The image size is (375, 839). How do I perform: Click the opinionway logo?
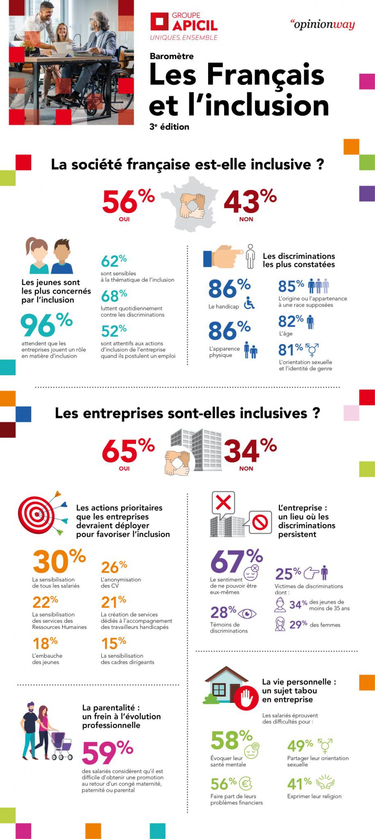323,25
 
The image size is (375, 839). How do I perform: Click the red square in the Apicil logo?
159,22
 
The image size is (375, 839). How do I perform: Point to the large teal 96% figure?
46,325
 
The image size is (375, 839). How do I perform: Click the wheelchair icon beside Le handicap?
249,304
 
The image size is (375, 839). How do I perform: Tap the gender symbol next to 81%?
313,349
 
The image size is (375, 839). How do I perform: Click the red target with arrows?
41,513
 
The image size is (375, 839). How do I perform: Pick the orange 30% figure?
58,561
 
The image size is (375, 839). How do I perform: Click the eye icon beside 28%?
247,614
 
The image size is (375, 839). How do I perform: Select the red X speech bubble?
223,503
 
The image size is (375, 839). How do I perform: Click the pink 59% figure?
107,752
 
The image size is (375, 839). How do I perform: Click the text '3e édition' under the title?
169,127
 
